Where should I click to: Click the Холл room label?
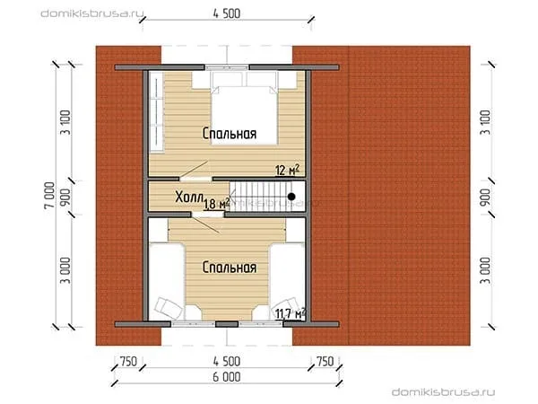click(188, 198)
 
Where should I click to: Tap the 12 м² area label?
click(288, 170)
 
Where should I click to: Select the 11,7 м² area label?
click(291, 313)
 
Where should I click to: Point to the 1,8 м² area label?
click(216, 204)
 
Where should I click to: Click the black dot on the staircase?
click(291, 197)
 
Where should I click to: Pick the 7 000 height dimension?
click(49, 196)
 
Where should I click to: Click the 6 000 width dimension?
click(227, 377)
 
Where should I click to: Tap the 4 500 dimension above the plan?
click(227, 13)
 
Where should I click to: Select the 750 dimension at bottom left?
click(128, 362)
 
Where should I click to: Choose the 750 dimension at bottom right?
click(325, 362)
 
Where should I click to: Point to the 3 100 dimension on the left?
click(65, 122)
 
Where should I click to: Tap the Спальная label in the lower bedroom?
click(230, 268)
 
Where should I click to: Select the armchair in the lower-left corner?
click(169, 308)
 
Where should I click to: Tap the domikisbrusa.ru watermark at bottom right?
click(443, 392)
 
